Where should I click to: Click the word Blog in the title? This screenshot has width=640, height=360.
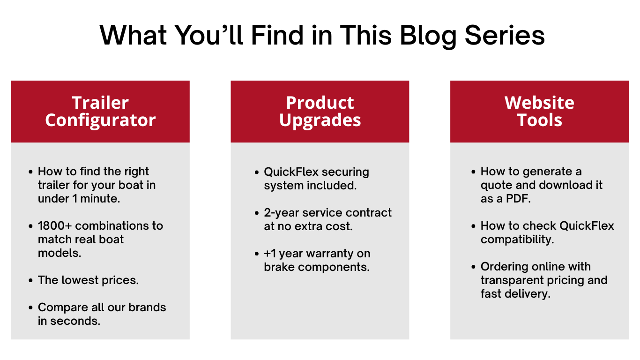pyautogui.click(x=428, y=36)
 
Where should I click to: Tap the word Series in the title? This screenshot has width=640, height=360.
pyautogui.click(x=505, y=35)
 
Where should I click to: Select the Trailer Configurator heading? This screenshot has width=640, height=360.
pyautogui.click(x=100, y=111)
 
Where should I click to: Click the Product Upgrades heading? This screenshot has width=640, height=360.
pyautogui.click(x=320, y=111)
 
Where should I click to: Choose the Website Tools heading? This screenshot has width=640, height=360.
pyautogui.click(x=539, y=111)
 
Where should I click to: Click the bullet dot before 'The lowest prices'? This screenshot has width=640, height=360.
pyautogui.click(x=31, y=280)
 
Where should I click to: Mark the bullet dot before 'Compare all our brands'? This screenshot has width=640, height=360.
pyautogui.click(x=31, y=307)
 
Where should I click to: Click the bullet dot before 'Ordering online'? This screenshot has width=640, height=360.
pyautogui.click(x=473, y=267)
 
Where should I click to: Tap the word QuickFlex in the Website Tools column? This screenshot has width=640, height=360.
pyautogui.click(x=587, y=225)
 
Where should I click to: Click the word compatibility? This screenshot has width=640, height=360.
pyautogui.click(x=517, y=240)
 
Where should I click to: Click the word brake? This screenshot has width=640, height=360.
pyautogui.click(x=279, y=267)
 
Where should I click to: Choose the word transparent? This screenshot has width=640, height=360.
pyautogui.click(x=510, y=280)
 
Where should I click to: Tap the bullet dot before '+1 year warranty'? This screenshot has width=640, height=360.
pyautogui.click(x=257, y=254)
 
